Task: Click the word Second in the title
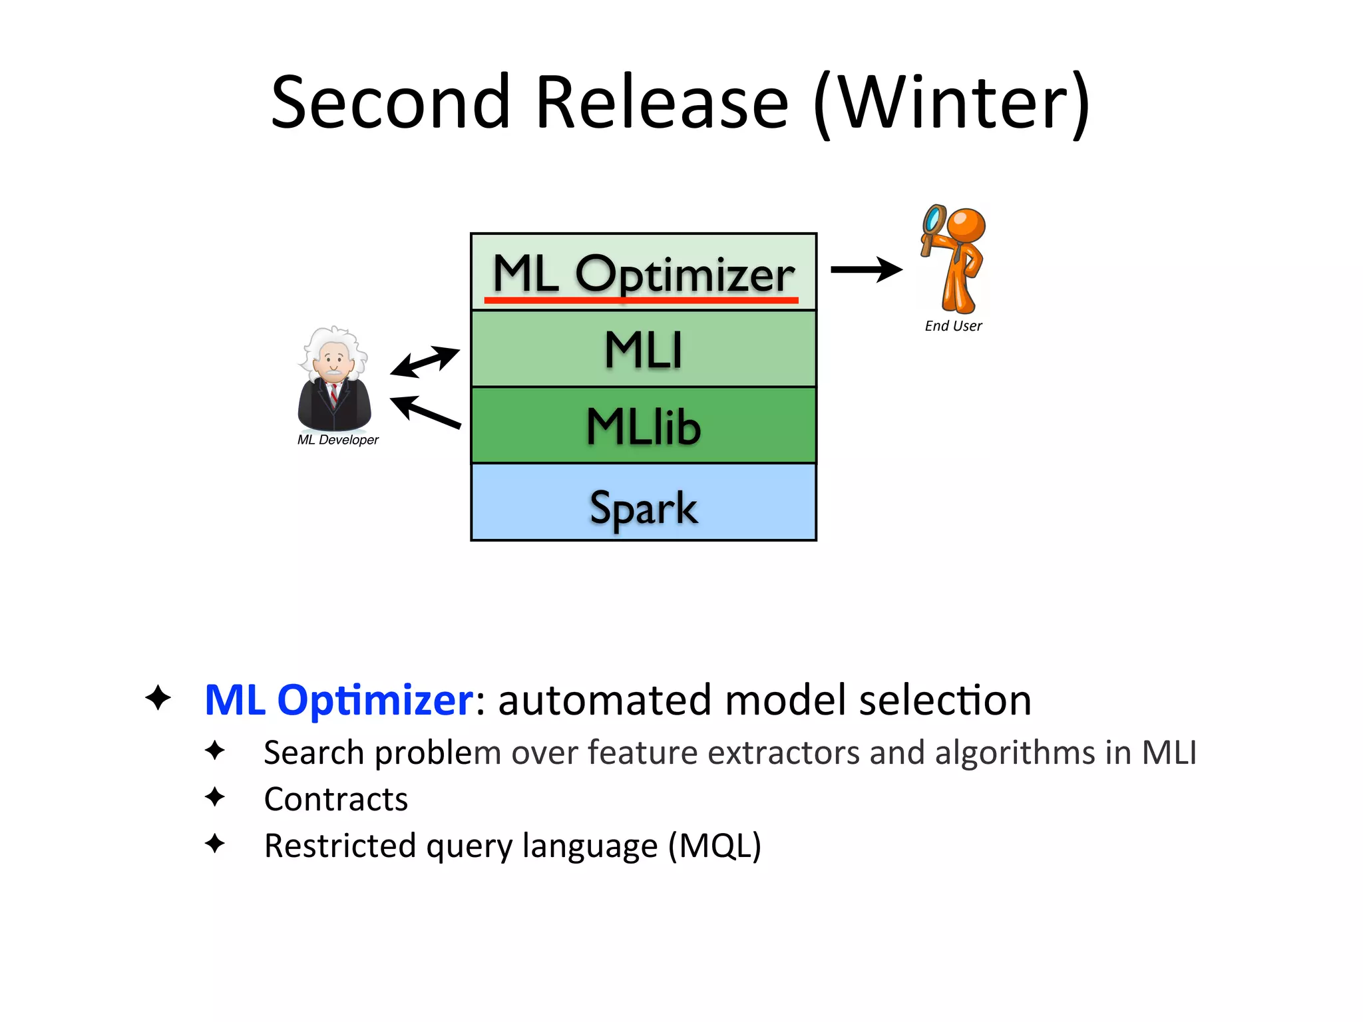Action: pos(391,103)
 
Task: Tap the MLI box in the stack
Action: pos(643,349)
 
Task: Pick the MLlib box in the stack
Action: pos(643,426)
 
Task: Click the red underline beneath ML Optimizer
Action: pos(640,301)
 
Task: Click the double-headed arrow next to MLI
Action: pos(425,361)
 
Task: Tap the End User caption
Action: pos(953,326)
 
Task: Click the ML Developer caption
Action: pos(337,440)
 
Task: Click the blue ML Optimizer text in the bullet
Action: pos(339,700)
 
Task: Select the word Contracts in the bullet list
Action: pos(335,799)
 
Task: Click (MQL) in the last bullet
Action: pos(714,846)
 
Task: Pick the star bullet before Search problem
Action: pos(215,751)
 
